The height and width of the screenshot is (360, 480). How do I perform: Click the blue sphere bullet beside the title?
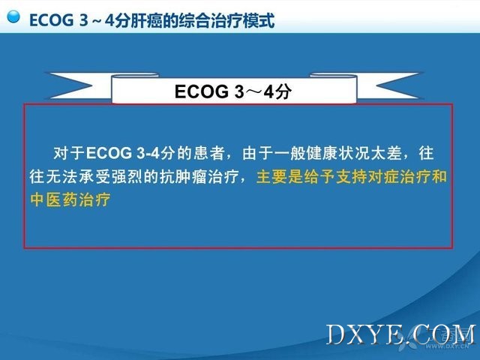coord(13,16)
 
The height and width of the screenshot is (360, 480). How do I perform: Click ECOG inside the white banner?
coord(202,91)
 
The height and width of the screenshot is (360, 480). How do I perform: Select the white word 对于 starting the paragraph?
coord(69,153)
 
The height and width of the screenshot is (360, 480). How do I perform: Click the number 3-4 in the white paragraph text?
coord(148,153)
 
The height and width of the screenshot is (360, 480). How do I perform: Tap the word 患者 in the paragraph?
coord(210,153)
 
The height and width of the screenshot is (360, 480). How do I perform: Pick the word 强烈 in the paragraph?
coord(127,177)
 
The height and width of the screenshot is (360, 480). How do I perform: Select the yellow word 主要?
coord(271,177)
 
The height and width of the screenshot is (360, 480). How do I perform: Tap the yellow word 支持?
coord(352,177)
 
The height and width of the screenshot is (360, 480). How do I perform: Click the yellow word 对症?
coord(383,177)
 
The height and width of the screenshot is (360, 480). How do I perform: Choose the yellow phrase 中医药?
coord(54,200)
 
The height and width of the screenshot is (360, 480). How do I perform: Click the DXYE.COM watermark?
coord(401,335)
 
